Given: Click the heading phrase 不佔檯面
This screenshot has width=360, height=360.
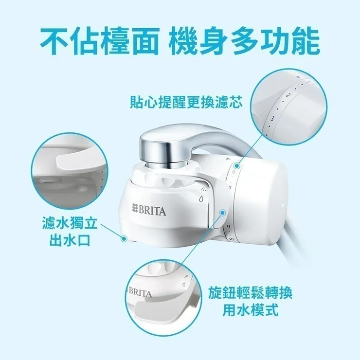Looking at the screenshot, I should click(x=98, y=41).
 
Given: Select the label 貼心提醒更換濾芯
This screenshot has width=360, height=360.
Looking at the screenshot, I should click(x=186, y=103).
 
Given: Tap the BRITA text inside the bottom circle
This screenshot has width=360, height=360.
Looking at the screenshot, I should click(x=140, y=294).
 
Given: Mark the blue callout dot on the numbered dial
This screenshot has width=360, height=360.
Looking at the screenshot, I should click(x=237, y=165).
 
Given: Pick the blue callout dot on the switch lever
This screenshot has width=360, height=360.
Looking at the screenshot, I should click(x=222, y=213).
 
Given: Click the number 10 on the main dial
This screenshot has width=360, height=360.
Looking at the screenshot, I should click(x=231, y=239).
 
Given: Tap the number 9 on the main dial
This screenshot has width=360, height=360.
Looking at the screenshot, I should click(x=228, y=227).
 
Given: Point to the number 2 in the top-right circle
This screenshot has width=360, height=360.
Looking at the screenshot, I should click(x=288, y=95).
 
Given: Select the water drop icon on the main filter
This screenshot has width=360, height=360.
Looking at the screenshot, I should click(x=200, y=199).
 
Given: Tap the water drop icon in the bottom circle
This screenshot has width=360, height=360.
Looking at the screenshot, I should click(x=184, y=286).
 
